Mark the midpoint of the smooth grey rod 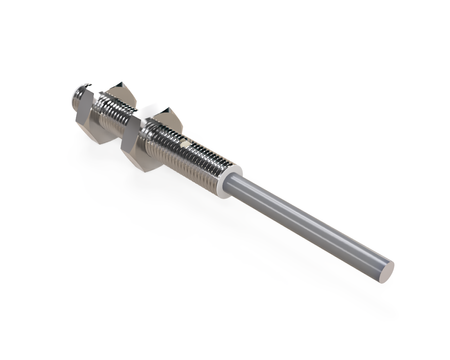point(310,225)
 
